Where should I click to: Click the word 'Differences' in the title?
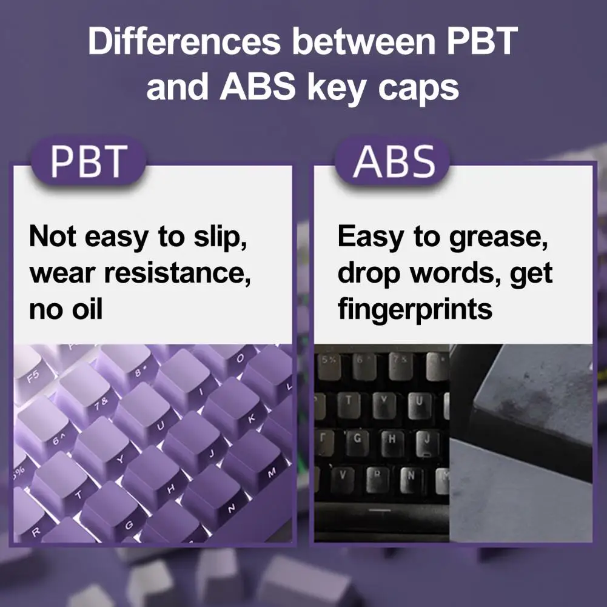[184, 41]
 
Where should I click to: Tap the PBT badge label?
[89, 161]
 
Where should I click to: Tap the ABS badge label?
[394, 161]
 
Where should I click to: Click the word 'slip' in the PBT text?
[220, 237]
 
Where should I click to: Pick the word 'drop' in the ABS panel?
[369, 274]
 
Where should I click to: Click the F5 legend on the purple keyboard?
[33, 376]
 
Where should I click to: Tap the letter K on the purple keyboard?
[252, 418]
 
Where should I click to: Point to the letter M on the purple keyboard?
[272, 472]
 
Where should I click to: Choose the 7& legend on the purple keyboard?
[101, 404]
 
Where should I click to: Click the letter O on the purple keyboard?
[240, 358]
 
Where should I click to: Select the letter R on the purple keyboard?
[36, 532]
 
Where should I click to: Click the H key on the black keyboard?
[392, 441]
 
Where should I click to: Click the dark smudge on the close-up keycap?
[518, 403]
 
